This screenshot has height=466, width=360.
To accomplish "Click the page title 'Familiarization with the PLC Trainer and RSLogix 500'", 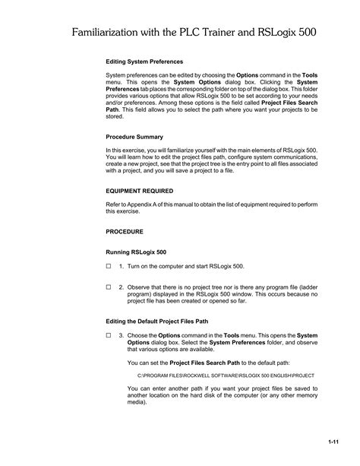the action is pos(194,33).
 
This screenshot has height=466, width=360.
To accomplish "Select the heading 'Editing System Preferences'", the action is pos(144,62).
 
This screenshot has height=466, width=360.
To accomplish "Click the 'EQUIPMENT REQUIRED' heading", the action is pos(140,191).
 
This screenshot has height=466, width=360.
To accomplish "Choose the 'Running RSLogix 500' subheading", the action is pos(136,251).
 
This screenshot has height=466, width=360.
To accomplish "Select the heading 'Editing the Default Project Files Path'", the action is pos(156,322).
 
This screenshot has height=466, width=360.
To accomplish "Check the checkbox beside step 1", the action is pos(109,267).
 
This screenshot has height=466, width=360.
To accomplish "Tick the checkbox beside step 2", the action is pos(109,287).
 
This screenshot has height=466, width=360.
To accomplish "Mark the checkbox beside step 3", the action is pos(109,335).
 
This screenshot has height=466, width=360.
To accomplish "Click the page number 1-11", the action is pos(333,442).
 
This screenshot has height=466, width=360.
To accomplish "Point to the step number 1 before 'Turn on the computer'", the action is pos(121,267).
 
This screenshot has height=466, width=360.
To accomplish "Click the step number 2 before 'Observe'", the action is pos(121,287).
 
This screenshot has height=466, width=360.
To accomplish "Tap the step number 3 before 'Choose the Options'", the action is pos(121,335).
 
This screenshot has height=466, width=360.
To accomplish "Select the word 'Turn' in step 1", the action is pos(134,267).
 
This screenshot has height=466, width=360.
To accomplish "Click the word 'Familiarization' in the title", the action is pos(109,33).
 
